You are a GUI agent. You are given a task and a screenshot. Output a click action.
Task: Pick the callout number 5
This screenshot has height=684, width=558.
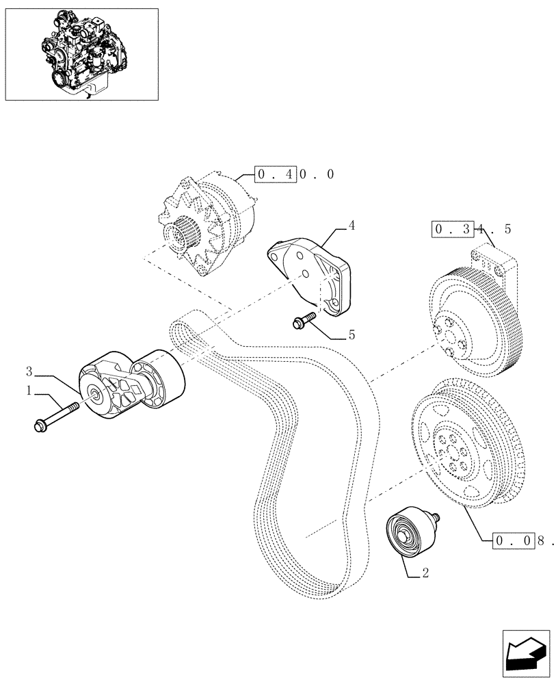pos(351,336)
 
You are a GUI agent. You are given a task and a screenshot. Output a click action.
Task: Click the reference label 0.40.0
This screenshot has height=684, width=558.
pos(295,175)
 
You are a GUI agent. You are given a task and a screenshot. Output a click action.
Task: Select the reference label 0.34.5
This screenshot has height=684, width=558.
pos(471,228)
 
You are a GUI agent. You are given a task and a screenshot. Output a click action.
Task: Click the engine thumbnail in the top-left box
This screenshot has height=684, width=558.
pos(81,54)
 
